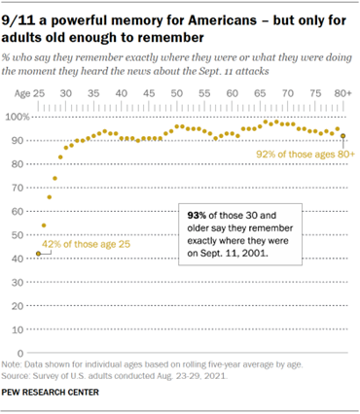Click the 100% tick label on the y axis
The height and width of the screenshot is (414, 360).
(18, 117)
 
